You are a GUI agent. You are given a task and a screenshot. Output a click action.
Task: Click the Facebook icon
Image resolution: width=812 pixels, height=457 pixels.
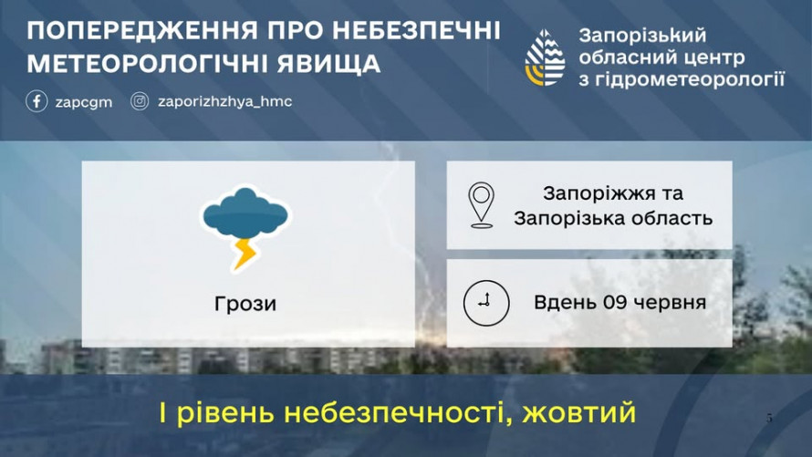[x=36, y=101]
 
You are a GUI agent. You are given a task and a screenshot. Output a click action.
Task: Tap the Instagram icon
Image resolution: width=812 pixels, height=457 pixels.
[x=140, y=101]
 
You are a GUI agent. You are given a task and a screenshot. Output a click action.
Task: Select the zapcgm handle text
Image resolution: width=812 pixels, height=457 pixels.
[x=84, y=102]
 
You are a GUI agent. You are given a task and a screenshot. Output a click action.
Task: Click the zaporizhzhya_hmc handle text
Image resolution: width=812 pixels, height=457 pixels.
[x=224, y=101]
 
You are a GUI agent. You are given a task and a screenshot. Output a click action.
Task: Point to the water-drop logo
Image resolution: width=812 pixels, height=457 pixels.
[x=545, y=57]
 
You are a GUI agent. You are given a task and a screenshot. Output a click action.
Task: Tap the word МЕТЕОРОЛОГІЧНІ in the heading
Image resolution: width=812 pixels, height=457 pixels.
[x=148, y=64]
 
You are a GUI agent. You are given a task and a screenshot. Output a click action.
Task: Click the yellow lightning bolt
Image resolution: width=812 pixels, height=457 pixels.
[x=245, y=254]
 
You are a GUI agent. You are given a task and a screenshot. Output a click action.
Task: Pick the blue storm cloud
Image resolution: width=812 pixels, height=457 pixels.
[x=245, y=213]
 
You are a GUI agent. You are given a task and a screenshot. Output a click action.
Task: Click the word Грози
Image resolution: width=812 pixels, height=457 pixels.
[x=245, y=304]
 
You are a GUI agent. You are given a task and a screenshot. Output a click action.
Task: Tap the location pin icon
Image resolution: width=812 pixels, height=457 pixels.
[x=481, y=205]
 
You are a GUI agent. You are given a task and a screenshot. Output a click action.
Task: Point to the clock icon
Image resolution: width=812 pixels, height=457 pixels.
[x=486, y=303]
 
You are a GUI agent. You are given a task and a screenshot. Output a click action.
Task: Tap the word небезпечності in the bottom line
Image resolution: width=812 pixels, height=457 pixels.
[x=398, y=413]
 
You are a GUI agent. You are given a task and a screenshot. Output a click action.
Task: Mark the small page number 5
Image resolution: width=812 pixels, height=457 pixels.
[x=769, y=418]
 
